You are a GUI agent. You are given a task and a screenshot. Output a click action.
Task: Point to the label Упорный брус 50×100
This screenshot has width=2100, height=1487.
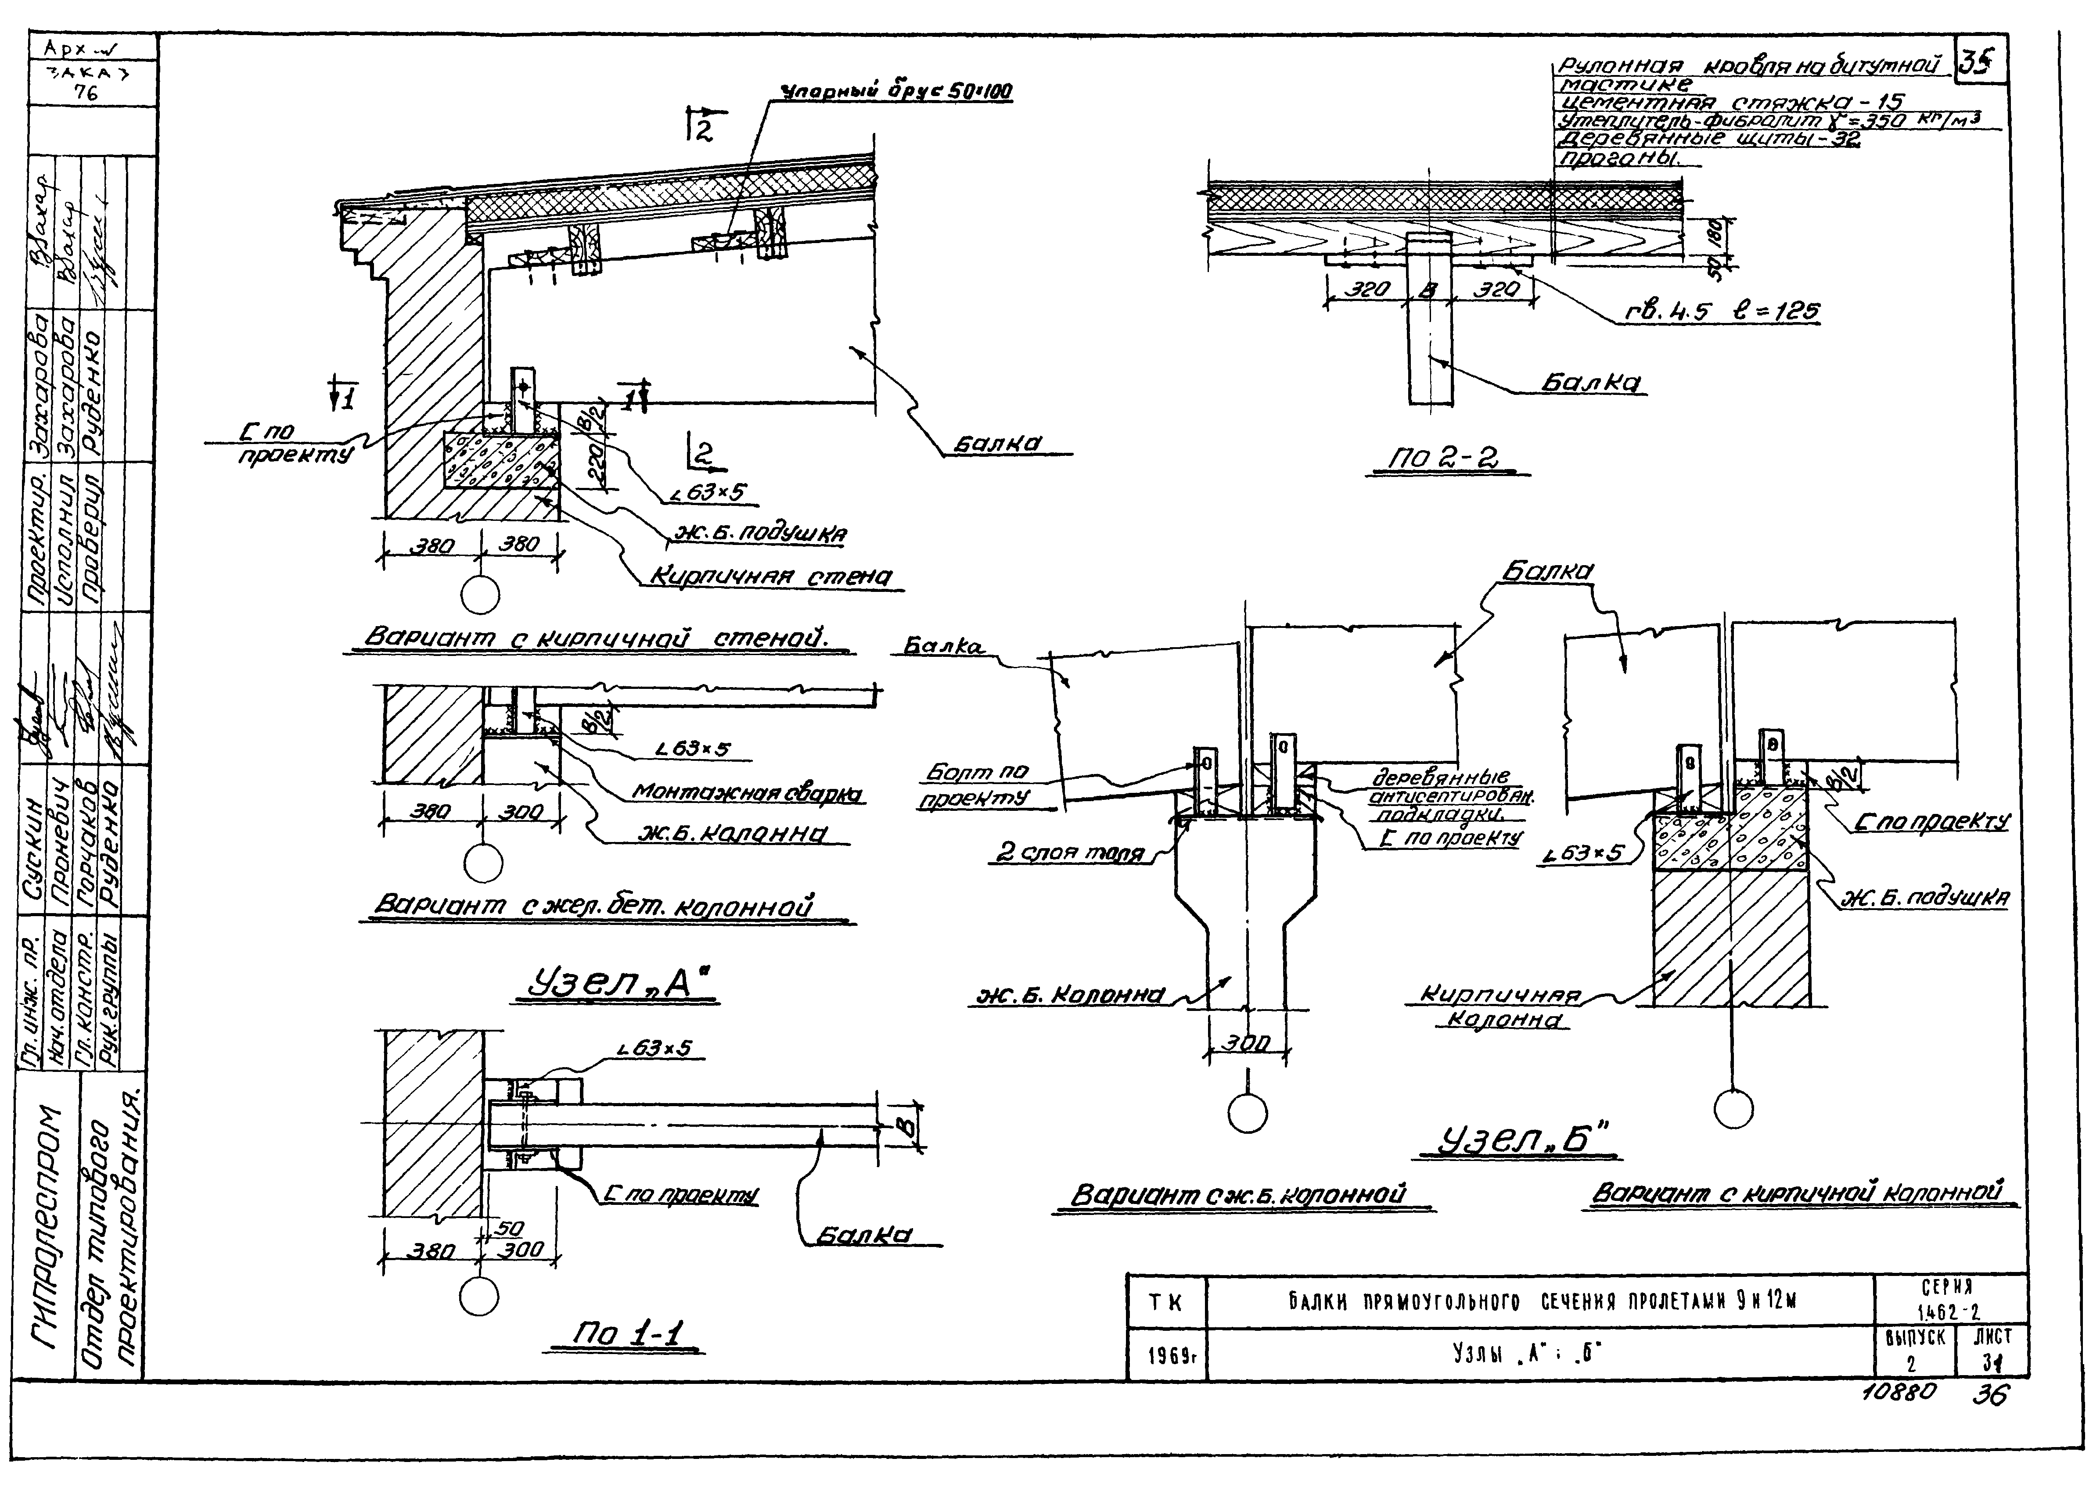point(895,92)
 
